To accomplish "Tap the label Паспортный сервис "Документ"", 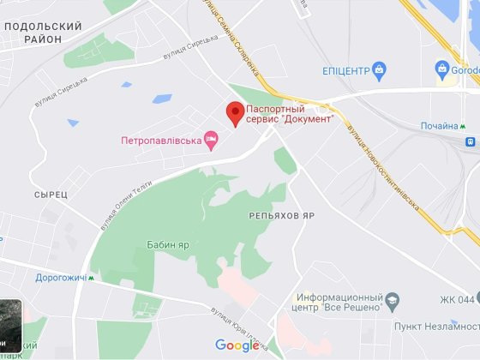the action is (x=288, y=114).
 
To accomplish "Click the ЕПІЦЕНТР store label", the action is (x=345, y=70).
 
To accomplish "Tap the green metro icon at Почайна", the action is (x=465, y=126).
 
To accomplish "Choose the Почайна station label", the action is (x=438, y=126).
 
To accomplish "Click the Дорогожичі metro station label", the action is (x=60, y=278).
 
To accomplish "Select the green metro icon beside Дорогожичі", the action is (x=93, y=278).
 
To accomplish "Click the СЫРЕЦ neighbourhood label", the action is (x=51, y=195).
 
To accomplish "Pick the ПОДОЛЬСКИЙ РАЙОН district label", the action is (x=43, y=33).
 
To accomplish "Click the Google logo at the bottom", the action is (x=237, y=345).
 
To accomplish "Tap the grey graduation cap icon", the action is (x=392, y=301).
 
